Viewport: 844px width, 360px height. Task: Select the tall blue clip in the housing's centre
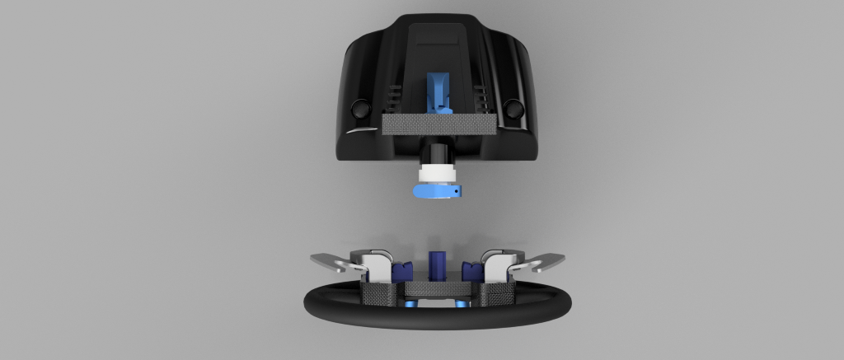point(436,92)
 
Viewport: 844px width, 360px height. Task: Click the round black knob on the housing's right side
point(513,108)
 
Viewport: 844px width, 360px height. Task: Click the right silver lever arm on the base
point(540,262)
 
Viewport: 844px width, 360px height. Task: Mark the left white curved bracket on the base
point(376,264)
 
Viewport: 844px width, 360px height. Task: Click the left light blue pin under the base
point(410,305)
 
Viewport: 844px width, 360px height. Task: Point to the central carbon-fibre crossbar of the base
point(437,288)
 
